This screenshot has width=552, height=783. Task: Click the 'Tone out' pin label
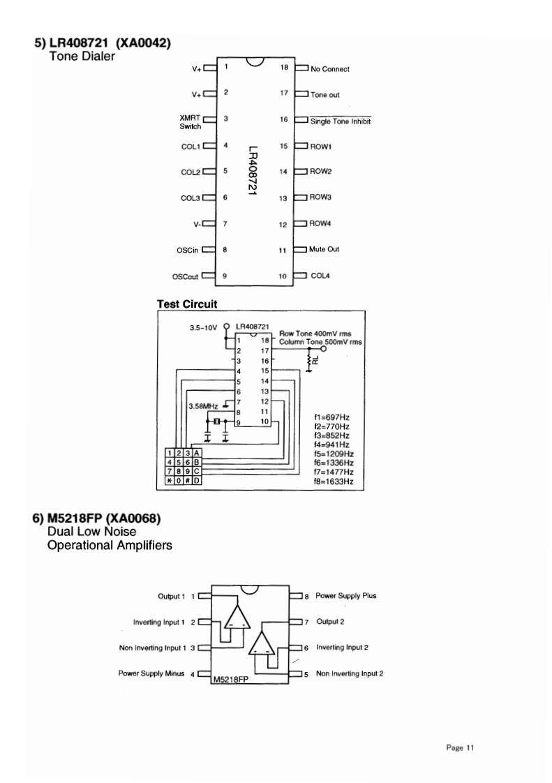(x=325, y=95)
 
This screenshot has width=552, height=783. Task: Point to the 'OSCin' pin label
(x=187, y=249)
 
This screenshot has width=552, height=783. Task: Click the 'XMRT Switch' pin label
(x=190, y=122)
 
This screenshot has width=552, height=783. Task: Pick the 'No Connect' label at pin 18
(x=330, y=69)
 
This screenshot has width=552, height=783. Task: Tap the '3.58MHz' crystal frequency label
(x=203, y=405)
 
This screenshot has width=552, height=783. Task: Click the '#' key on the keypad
(x=188, y=481)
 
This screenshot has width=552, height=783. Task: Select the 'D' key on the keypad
(x=197, y=481)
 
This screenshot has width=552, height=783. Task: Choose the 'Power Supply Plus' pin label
(x=346, y=596)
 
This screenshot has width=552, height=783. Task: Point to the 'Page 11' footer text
(x=461, y=748)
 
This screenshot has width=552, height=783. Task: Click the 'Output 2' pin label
(x=330, y=620)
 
